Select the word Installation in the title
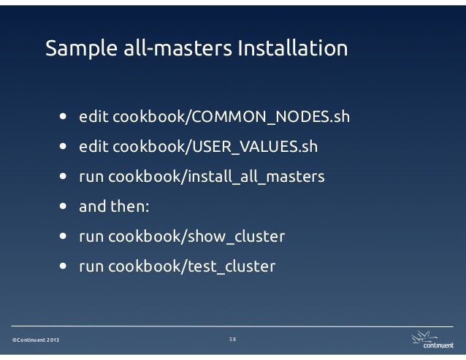pyautogui.click(x=292, y=49)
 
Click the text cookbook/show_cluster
pyautogui.click(x=196, y=237)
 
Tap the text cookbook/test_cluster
pyautogui.click(x=192, y=267)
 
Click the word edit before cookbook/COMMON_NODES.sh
pyautogui.click(x=91, y=116)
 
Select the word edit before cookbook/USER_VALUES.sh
pyautogui.click(x=91, y=146)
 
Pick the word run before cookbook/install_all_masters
pyautogui.click(x=91, y=177)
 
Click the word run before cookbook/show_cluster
pyautogui.click(x=91, y=237)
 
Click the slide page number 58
pyautogui.click(x=233, y=340)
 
